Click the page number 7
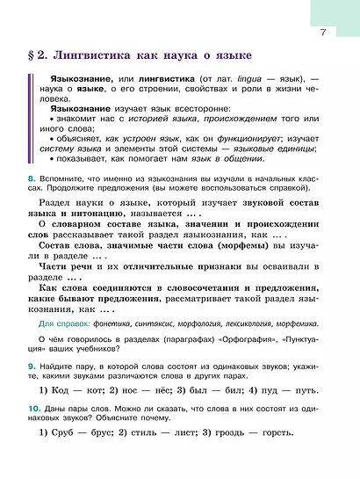pyautogui.click(x=323, y=33)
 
